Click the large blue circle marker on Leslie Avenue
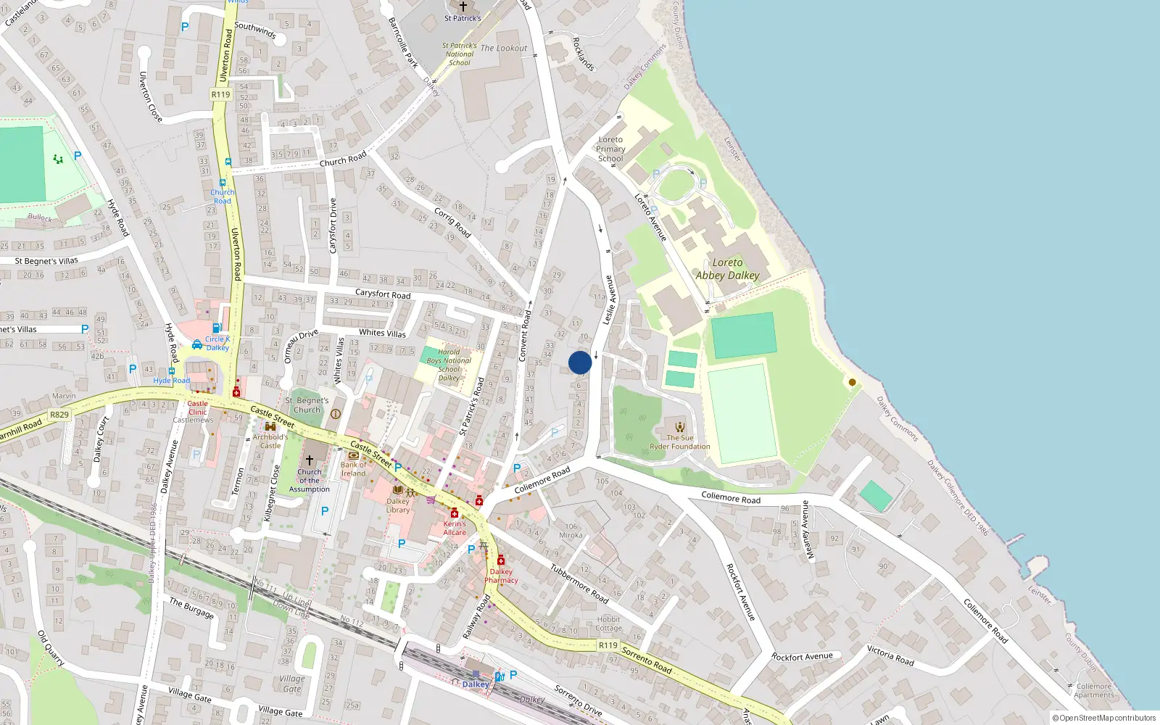(580, 362)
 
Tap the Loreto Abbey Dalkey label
(727, 269)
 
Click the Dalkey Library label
(398, 505)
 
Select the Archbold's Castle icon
(270, 426)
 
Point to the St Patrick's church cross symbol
(463, 7)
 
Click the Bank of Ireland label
(354, 469)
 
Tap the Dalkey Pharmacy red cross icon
(501, 560)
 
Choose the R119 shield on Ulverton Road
(221, 94)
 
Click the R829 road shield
(59, 415)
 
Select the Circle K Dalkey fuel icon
(216, 328)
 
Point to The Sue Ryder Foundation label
(680, 442)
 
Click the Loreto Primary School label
(610, 149)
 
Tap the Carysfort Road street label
(383, 294)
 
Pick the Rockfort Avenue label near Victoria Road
(802, 657)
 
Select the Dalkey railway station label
(476, 684)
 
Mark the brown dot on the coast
(853, 382)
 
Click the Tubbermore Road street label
(579, 584)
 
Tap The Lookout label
(504, 48)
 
